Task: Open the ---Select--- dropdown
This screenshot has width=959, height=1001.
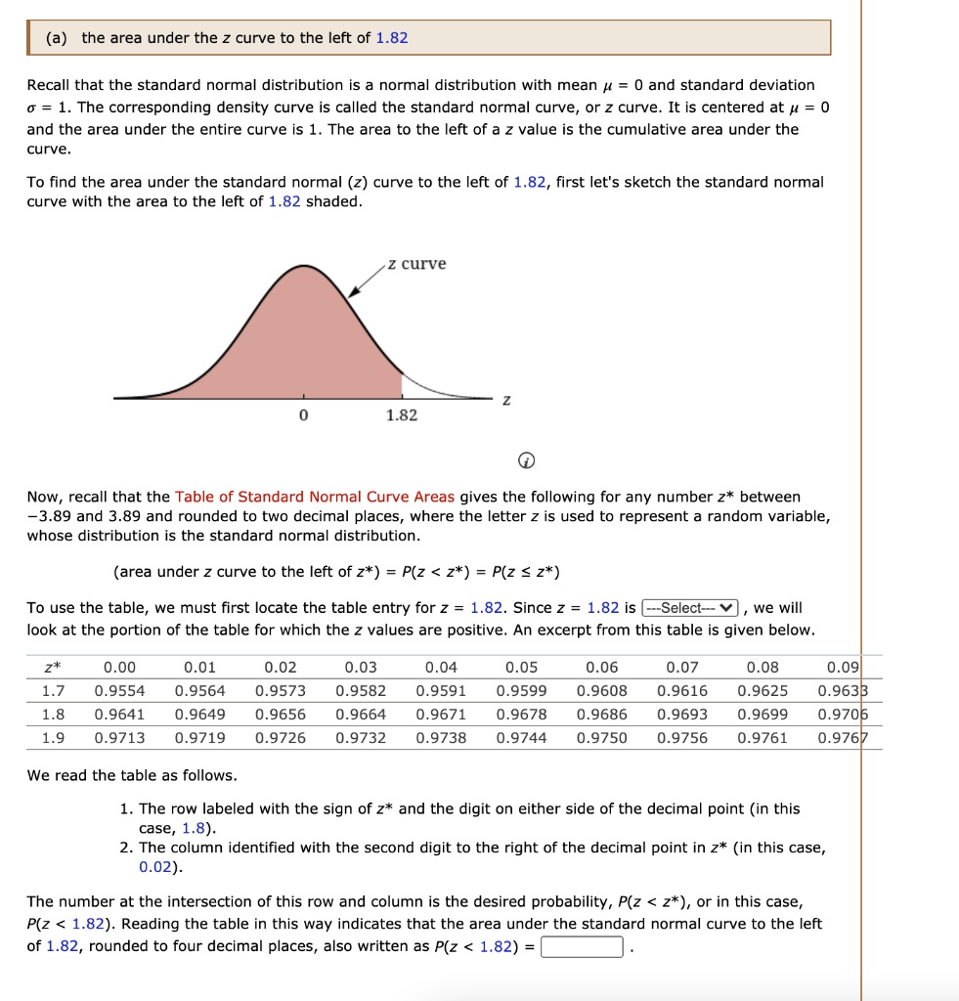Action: click(x=695, y=608)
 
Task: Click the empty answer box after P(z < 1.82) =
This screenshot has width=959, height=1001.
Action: click(x=582, y=946)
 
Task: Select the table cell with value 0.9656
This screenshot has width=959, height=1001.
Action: click(x=281, y=715)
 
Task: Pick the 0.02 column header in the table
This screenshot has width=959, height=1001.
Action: click(x=281, y=668)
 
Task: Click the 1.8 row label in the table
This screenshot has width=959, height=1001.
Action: click(x=53, y=715)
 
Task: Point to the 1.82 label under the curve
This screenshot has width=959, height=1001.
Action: click(x=401, y=415)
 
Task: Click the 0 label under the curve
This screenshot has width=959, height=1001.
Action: click(x=303, y=415)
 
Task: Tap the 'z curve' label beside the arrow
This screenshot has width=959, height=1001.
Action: click(x=416, y=264)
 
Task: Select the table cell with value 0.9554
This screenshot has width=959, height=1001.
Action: click(x=119, y=691)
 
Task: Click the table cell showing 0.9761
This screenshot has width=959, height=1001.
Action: click(x=763, y=738)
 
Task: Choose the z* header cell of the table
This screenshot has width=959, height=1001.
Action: click(x=53, y=668)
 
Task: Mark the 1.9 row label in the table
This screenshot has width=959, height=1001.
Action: click(x=53, y=738)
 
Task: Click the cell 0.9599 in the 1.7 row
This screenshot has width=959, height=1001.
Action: click(x=521, y=691)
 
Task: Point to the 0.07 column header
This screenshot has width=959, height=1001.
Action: click(x=682, y=668)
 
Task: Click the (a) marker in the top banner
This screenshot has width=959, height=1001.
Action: click(x=57, y=38)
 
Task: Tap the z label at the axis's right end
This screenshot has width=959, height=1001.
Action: click(x=506, y=401)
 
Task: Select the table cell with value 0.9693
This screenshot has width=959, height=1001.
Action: click(x=682, y=715)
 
